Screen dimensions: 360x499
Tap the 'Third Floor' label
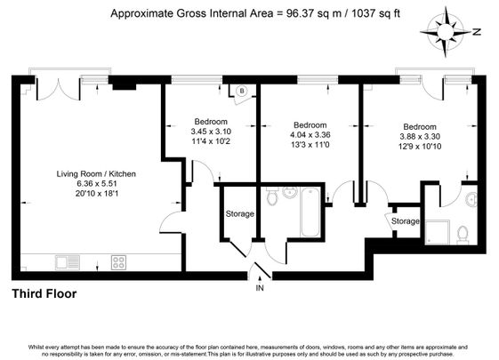click(44, 293)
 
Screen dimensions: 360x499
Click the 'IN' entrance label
click(260, 289)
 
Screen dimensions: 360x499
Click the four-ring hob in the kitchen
click(117, 261)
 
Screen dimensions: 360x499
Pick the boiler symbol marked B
click(241, 90)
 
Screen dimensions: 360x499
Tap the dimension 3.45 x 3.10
click(210, 132)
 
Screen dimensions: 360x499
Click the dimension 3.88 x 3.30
click(421, 137)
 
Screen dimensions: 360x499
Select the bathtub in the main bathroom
click(310, 212)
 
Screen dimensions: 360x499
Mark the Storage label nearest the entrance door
click(239, 214)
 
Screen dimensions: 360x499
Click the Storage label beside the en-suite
click(406, 220)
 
